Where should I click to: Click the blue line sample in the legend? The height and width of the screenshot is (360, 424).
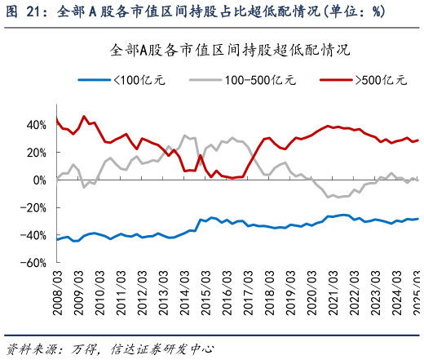coord(92,80)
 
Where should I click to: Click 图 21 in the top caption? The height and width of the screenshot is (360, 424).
coord(22,11)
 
